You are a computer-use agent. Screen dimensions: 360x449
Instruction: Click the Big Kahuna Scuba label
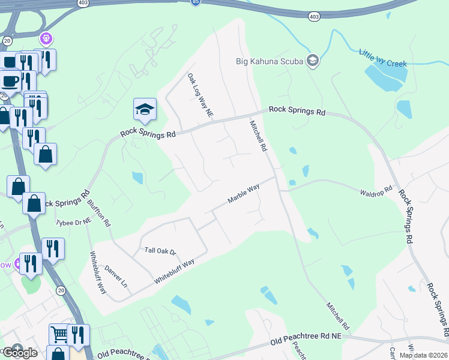pyautogui.click(x=270, y=60)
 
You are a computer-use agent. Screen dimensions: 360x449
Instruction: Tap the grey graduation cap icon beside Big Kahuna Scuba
pyautogui.click(x=312, y=60)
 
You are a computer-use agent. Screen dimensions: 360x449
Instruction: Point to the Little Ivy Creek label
pyautogui.click(x=383, y=57)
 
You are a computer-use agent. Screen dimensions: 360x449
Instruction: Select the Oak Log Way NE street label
pyautogui.click(x=200, y=95)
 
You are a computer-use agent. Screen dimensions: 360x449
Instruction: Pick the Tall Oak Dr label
pyautogui.click(x=160, y=251)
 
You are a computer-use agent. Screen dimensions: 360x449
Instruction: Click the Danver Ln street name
pyautogui.click(x=116, y=275)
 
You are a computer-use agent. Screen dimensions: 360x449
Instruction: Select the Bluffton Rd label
pyautogui.click(x=100, y=212)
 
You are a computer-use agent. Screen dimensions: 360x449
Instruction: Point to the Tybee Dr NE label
pyautogui.click(x=73, y=221)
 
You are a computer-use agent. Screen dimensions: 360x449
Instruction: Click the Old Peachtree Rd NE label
pyautogui.click(x=306, y=338)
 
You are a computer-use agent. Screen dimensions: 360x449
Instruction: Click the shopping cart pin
pyautogui.click(x=59, y=334)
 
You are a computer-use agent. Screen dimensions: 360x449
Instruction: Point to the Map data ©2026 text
pyautogui.click(x=423, y=355)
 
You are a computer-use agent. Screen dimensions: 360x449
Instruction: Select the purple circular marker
pyautogui.click(x=46, y=39)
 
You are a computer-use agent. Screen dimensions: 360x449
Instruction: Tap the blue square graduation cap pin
pyautogui.click(x=145, y=109)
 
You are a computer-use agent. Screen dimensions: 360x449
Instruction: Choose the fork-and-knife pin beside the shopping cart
pyautogui.click(x=78, y=334)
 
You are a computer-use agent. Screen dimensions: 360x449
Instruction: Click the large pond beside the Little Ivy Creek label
pyautogui.click(x=386, y=77)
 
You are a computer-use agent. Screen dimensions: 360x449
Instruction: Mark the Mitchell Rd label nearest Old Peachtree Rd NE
pyautogui.click(x=338, y=316)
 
